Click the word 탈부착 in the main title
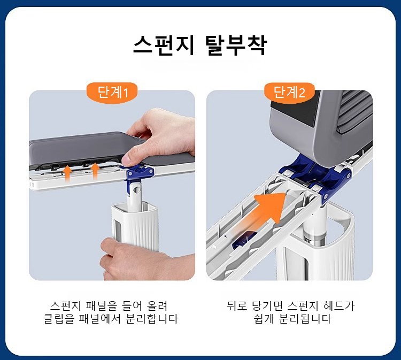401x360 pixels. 236,45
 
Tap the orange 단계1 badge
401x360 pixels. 112,92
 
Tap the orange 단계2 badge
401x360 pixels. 289,92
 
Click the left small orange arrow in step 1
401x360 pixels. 67,173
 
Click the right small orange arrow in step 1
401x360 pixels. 95,171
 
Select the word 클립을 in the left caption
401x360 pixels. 59,319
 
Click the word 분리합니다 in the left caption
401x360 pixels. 152,319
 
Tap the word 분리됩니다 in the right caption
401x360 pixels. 305,319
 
